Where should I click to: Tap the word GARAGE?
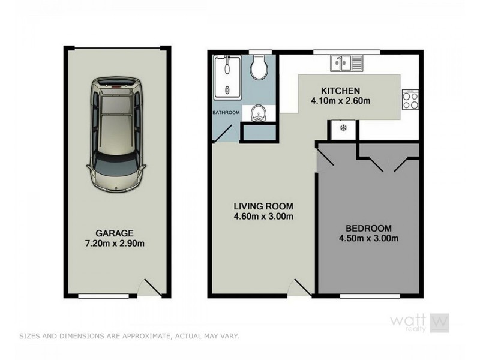click(x=114, y=233)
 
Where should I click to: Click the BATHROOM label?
click(x=226, y=113)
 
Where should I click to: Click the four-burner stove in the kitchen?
click(x=410, y=100)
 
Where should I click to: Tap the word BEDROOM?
click(x=368, y=228)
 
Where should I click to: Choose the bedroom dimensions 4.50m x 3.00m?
click(x=368, y=238)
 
